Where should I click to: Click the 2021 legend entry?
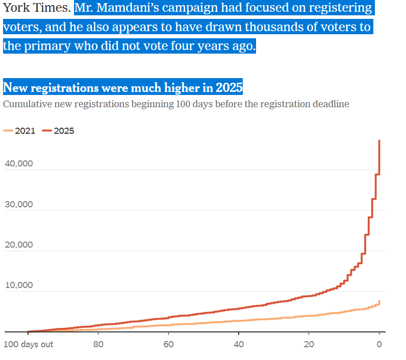(x=19, y=131)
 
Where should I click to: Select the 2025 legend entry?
(x=58, y=131)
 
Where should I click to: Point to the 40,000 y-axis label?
(x=19, y=163)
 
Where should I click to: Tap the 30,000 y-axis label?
(x=19, y=204)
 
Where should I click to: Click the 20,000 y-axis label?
(x=19, y=245)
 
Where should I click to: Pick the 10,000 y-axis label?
(x=19, y=285)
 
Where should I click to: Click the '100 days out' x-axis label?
(x=28, y=344)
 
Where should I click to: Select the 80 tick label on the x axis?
(x=98, y=344)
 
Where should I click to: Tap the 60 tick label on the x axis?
(x=168, y=344)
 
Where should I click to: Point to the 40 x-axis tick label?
(x=239, y=344)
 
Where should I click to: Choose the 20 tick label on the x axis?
(x=309, y=344)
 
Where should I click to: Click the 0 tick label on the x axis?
(x=379, y=344)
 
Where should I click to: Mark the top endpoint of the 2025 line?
(x=379, y=140)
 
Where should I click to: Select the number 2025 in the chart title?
(x=229, y=87)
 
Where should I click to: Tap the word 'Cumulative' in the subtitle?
(x=28, y=104)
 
